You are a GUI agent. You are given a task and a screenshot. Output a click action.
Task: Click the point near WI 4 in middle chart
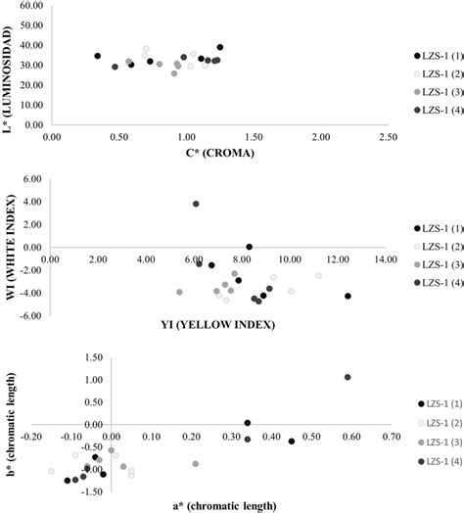[x=196, y=204]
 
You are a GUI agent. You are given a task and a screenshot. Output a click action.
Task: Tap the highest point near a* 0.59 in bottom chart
[x=348, y=377]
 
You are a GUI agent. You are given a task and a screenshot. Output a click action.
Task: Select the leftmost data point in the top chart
[x=97, y=56]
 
